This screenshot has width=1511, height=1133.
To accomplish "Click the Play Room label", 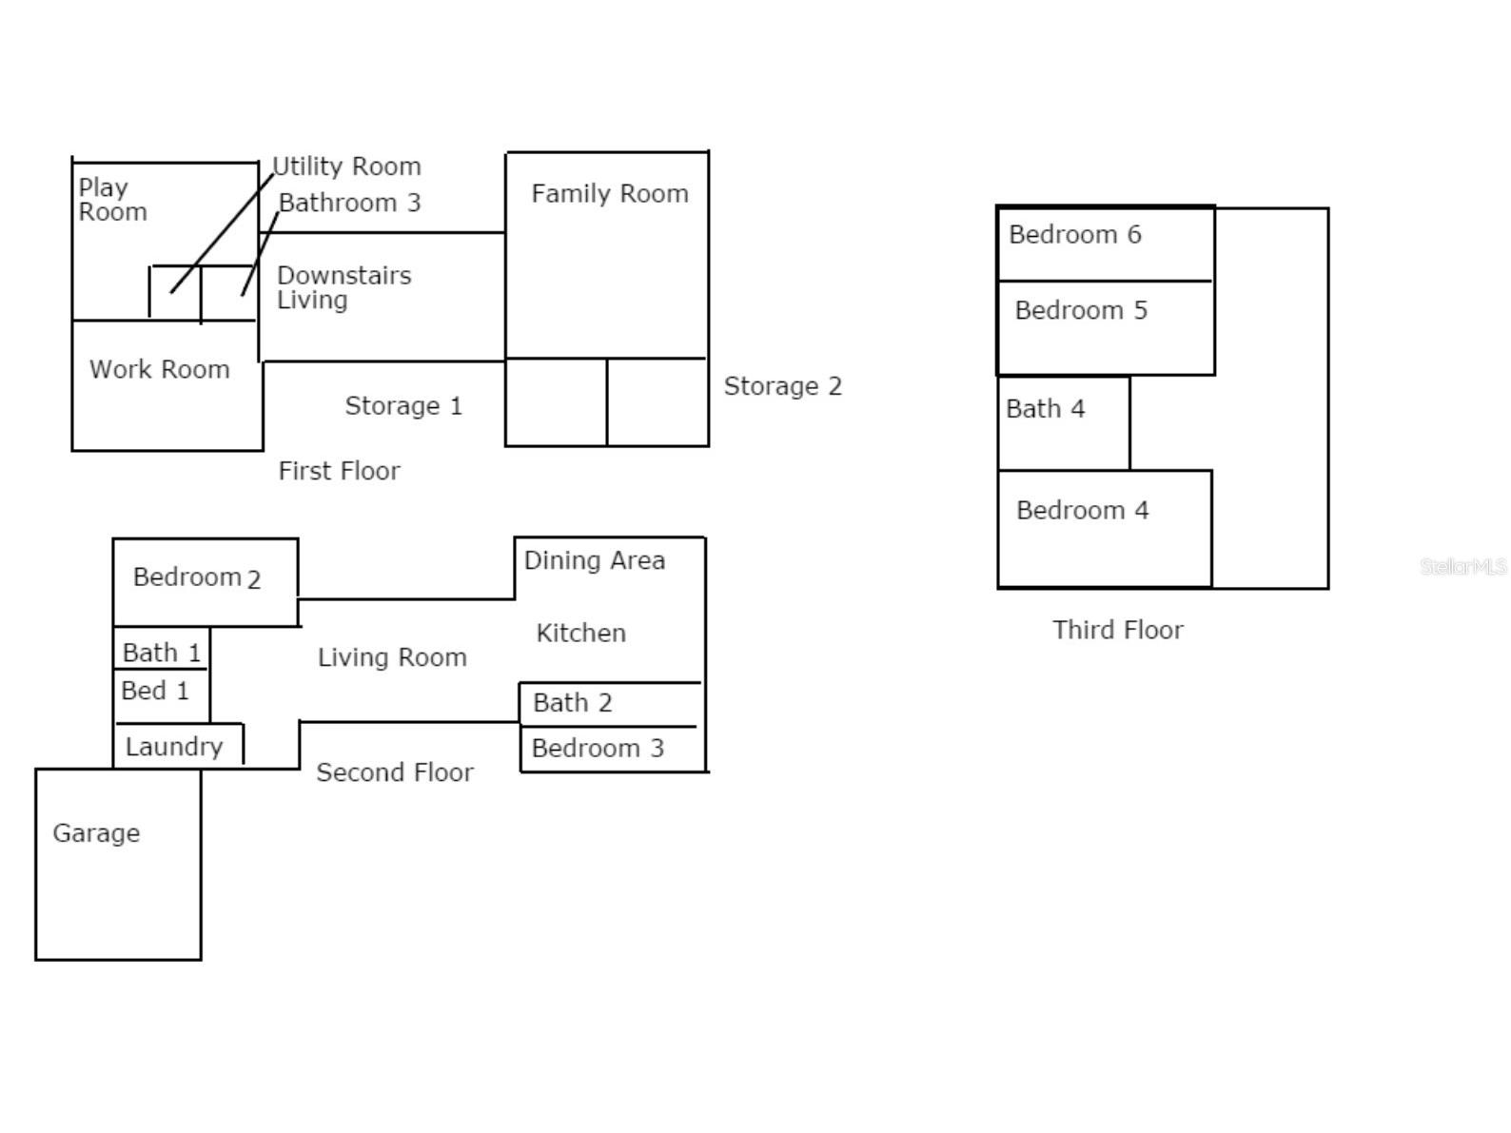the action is click(113, 200).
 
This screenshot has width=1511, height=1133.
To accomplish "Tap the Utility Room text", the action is click(347, 166).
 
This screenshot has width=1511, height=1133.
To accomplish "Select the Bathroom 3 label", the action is click(350, 203).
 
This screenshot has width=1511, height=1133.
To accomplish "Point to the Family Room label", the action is click(610, 194).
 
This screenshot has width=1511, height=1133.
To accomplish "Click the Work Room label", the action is click(160, 369).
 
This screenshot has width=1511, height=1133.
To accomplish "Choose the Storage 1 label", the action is click(403, 406).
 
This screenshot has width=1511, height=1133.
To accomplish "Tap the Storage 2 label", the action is click(783, 386).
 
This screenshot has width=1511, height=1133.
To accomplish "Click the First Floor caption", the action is click(340, 471).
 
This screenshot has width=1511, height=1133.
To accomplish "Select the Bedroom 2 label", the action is click(197, 577).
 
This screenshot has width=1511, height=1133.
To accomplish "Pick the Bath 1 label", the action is click(162, 653).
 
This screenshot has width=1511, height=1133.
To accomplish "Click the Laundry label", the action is click(174, 747).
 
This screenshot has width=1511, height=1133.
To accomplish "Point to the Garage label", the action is click(96, 833).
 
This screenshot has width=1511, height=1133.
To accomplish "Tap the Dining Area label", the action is click(595, 560).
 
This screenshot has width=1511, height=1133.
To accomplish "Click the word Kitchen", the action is click(581, 633).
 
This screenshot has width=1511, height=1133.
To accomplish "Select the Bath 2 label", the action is click(573, 703).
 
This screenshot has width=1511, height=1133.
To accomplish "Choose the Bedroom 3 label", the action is click(599, 749).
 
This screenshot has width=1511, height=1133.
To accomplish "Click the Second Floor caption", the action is click(395, 772).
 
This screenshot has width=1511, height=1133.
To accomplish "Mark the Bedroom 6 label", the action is click(1075, 235).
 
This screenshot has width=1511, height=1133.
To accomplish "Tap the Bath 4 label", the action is click(1046, 409).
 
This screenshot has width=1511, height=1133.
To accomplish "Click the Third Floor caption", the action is click(1119, 630).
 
